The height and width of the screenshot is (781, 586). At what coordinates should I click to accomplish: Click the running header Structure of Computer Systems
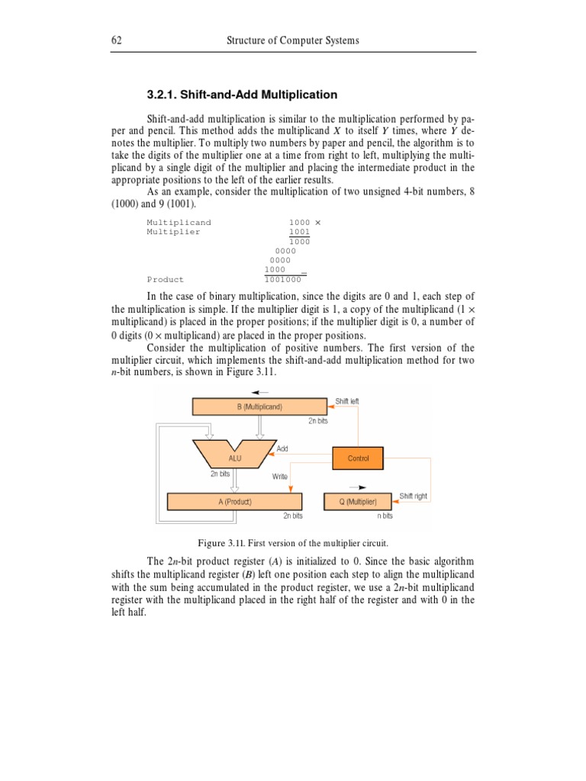coord(294,40)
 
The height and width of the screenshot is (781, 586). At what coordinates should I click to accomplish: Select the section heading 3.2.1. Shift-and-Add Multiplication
coord(241,95)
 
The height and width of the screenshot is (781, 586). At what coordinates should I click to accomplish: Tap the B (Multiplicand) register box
coord(259,407)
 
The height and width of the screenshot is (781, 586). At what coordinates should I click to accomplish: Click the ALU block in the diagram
coord(234,458)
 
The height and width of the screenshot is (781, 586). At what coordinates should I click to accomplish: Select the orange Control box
coord(358,458)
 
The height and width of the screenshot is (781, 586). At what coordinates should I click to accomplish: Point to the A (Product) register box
coord(234,502)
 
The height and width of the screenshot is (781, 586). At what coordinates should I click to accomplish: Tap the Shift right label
coord(414,497)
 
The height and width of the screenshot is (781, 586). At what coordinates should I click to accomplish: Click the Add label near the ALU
coord(282,448)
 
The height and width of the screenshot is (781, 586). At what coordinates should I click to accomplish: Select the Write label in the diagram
coord(279,477)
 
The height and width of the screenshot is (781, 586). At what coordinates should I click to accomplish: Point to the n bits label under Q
coord(385,516)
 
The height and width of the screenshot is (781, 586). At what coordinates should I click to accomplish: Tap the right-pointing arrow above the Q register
coord(358,487)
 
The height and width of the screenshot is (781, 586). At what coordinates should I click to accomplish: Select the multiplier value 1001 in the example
coord(299,232)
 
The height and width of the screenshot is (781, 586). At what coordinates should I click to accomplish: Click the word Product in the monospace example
coord(166,280)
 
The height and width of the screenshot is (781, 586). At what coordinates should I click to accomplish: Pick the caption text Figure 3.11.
coord(293,543)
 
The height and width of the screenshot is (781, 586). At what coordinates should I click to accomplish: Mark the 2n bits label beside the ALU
coord(220,474)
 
